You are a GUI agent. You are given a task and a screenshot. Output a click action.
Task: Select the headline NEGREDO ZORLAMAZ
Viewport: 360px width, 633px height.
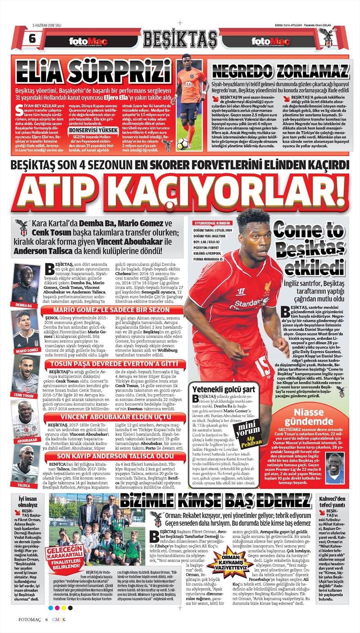tap(281, 71)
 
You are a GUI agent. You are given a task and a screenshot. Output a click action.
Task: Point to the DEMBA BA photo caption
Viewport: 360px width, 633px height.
tap(23, 306)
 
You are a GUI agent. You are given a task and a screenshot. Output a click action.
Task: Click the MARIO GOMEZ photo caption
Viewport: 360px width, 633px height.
tap(27, 351)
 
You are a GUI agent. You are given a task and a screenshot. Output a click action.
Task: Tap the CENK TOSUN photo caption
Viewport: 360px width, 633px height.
tap(24, 395)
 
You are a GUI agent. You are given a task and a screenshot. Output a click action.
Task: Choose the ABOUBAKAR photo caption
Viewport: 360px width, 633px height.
tap(25, 440)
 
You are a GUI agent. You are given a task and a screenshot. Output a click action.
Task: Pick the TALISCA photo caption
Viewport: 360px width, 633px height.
tap(24, 485)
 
